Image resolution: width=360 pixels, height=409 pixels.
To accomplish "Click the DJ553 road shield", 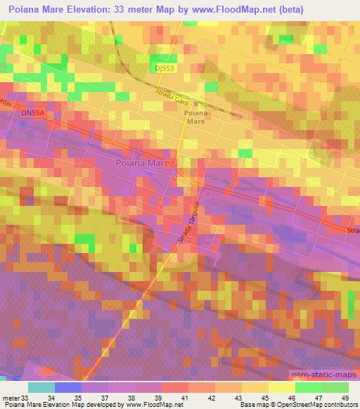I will pos(163,67).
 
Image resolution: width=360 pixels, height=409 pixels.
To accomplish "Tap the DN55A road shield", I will pos(32,112).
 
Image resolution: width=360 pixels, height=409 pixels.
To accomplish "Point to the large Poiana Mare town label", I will pos(144,163).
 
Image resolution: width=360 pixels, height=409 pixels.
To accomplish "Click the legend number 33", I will pos(20,398).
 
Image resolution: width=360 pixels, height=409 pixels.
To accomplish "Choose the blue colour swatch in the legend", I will pos(68,387).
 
